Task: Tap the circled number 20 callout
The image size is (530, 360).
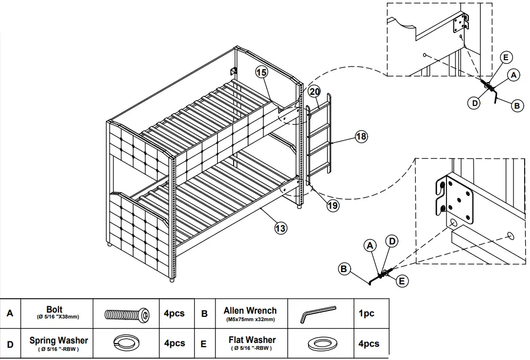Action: coord(313,91)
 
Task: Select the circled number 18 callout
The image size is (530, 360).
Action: coord(361,137)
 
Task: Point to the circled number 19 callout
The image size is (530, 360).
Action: coord(333,204)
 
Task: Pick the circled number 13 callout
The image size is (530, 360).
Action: coord(280,228)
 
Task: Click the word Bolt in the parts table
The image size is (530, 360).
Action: coord(54,309)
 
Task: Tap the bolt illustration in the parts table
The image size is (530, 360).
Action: coord(126,314)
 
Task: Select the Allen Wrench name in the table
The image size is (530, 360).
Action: coord(250,310)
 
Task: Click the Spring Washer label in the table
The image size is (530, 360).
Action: coord(59,340)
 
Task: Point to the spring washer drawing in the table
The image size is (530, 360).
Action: coord(126,343)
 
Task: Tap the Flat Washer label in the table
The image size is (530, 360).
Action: coord(252,340)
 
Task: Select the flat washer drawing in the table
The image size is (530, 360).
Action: coord(319,343)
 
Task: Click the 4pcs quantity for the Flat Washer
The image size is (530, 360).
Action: coord(369,344)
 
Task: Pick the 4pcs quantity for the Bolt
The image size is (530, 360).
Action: coord(174,313)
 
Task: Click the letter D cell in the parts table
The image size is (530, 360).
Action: coord(10,344)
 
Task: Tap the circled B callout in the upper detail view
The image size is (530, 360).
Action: coord(517,106)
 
